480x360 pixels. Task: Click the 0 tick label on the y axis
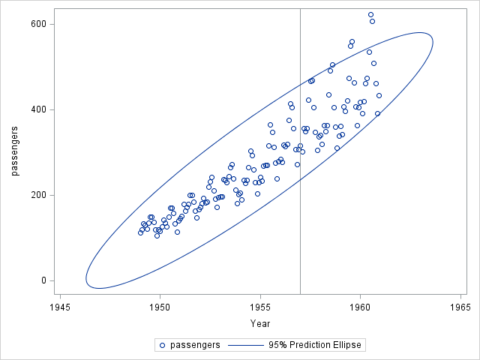pos(43,280)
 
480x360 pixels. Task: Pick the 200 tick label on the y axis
pos(38,195)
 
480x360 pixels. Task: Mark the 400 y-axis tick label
pos(38,109)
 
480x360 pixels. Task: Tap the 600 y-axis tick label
pos(38,24)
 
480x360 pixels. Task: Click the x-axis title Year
pos(260,323)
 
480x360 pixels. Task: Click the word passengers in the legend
pos(194,346)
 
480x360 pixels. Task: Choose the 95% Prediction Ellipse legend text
pos(316,346)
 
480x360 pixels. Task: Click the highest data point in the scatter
pos(370,14)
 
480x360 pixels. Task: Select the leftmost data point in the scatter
pos(140,232)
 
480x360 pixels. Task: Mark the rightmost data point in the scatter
pos(379,95)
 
